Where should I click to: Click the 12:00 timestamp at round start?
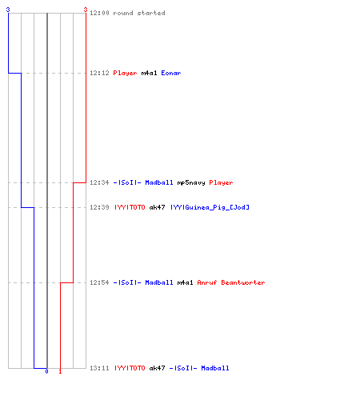[99, 13]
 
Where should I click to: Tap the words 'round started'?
[139, 13]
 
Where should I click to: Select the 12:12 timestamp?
[99, 73]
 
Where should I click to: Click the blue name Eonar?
[171, 73]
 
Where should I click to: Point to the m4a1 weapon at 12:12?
[149, 73]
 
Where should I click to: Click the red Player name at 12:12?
[125, 73]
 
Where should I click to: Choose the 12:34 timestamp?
[99, 182]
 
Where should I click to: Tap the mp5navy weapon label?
[191, 182]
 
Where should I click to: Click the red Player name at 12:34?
[221, 182]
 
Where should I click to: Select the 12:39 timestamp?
[99, 207]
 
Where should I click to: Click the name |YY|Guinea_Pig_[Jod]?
[210, 207]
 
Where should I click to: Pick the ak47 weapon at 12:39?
[157, 207]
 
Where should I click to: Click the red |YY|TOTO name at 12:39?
[130, 207]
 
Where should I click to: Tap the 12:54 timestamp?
[99, 282]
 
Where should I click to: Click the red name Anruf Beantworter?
[231, 282]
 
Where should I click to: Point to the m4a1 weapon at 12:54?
[185, 282]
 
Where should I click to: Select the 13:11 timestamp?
[99, 368]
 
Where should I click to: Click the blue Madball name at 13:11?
[215, 368]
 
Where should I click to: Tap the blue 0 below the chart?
[46, 371]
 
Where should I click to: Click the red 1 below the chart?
[60, 371]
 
